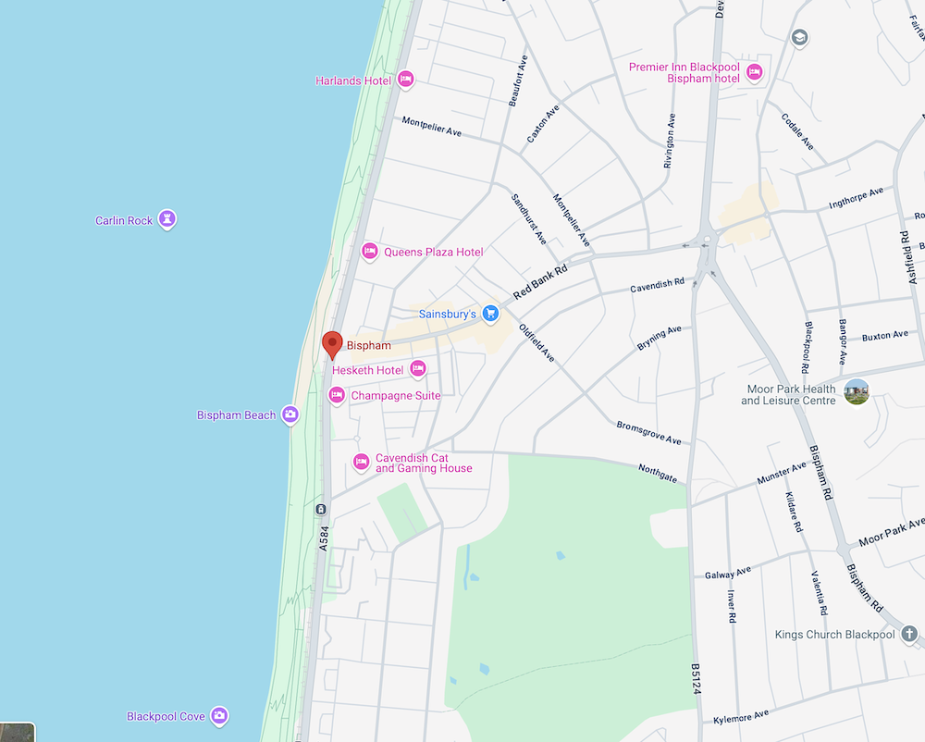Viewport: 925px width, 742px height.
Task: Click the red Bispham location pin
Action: coord(332,343)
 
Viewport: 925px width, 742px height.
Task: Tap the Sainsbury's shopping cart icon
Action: coord(490,315)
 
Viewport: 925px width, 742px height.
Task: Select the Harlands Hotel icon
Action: coord(404,80)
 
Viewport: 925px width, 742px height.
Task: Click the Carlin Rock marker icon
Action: coord(166,220)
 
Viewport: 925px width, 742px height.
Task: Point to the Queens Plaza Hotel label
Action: coord(433,252)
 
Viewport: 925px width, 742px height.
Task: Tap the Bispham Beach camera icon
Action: coord(290,414)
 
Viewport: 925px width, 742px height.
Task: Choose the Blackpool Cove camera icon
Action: coord(218,716)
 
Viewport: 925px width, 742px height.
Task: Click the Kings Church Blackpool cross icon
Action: coord(909,635)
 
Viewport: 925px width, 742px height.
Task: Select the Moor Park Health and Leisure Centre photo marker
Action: coord(857,392)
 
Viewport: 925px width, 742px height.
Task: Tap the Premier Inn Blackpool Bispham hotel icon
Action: coord(754,72)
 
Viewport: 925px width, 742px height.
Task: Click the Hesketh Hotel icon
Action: coord(418,370)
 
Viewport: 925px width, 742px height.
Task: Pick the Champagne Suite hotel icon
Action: coord(337,396)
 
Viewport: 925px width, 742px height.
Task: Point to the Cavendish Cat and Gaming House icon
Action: coord(362,462)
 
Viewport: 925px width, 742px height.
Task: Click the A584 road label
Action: coord(324,539)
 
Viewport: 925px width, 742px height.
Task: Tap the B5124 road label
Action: coord(695,681)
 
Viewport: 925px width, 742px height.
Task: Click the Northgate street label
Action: coord(658,473)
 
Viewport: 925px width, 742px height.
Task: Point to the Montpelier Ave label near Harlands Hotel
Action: coord(431,127)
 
